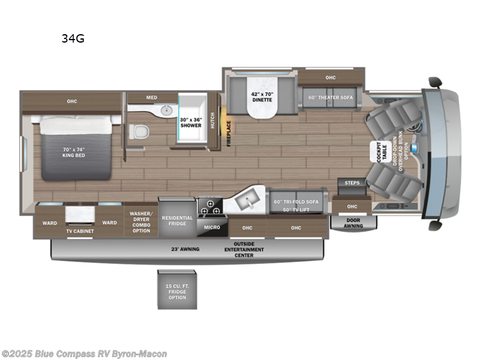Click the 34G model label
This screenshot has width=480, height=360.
(x=72, y=39)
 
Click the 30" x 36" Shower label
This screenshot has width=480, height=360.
(x=191, y=122)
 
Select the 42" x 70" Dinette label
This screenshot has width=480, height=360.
(x=261, y=96)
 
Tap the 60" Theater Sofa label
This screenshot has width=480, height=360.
(x=331, y=97)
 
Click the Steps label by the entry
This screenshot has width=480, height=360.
(x=352, y=182)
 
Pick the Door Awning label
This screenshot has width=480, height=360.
(x=353, y=222)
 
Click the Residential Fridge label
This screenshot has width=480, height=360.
(x=177, y=220)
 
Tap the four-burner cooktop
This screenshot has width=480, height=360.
(x=211, y=207)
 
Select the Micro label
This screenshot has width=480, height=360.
(x=211, y=227)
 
